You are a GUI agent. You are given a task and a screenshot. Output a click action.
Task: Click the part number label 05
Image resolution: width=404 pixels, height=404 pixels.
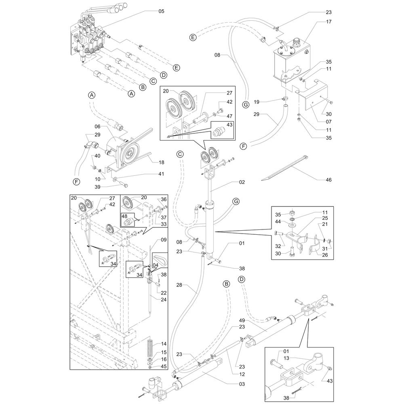click(161, 11)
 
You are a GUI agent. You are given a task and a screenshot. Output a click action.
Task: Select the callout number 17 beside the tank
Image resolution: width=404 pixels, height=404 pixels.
click(329, 21)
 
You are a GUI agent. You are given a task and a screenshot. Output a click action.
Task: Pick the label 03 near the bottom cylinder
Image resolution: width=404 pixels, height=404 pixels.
click(242, 384)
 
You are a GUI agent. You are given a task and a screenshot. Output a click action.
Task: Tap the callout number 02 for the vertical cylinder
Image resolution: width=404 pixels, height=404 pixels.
click(242, 183)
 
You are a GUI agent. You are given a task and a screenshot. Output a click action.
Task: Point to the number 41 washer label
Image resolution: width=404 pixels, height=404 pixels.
click(161, 174)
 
